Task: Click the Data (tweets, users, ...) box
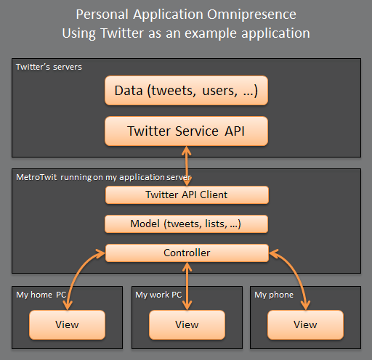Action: [186, 91]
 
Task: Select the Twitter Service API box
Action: [186, 131]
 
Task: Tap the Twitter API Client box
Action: [187, 195]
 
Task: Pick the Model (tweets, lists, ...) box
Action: [186, 224]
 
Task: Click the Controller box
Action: [187, 253]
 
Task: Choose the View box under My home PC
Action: [67, 324]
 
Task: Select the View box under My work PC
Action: [187, 324]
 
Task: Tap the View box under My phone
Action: [305, 324]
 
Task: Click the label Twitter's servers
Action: [49, 67]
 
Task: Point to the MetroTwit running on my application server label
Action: [104, 177]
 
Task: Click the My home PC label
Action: [41, 295]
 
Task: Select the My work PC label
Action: [158, 295]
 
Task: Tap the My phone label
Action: [274, 295]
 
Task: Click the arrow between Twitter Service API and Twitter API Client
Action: [187, 166]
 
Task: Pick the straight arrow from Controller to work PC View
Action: [187, 286]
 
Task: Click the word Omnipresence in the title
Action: [251, 15]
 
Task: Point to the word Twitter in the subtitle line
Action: [122, 33]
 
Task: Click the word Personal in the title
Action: [102, 15]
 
